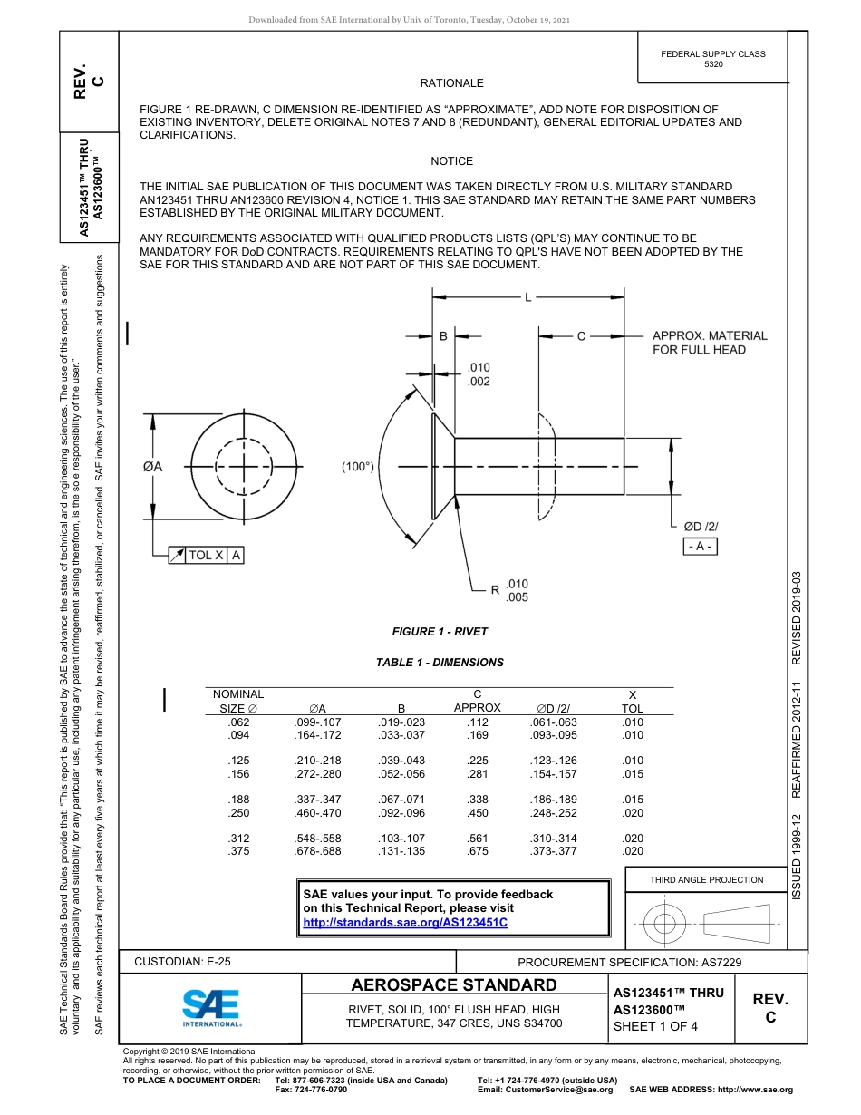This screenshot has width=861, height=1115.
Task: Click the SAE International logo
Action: click(210, 1007)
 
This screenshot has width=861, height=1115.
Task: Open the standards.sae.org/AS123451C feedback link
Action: click(404, 922)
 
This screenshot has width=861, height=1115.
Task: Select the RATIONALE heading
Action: click(451, 83)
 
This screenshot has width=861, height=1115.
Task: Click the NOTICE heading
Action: click(451, 161)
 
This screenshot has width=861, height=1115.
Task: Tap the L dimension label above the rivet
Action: click(527, 296)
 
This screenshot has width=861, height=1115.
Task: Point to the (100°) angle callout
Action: click(358, 467)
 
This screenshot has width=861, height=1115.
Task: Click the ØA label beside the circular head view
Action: click(152, 467)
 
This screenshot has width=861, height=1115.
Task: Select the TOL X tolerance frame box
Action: click(206, 555)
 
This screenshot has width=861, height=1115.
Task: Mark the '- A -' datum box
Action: click(700, 546)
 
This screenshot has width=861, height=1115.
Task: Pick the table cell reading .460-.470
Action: click(317, 813)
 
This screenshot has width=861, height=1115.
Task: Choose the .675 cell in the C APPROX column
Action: click(477, 851)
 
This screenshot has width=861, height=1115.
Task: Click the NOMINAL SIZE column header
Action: click(240, 701)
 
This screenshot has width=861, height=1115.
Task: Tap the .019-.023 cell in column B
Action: click(401, 722)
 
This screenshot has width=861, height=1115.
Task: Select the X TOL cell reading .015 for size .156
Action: click(633, 774)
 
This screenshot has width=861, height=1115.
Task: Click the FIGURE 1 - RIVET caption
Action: click(440, 632)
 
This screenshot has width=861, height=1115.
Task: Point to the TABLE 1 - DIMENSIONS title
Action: click(440, 663)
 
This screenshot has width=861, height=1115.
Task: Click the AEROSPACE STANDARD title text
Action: click(454, 985)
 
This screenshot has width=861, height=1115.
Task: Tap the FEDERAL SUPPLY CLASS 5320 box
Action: click(712, 59)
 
